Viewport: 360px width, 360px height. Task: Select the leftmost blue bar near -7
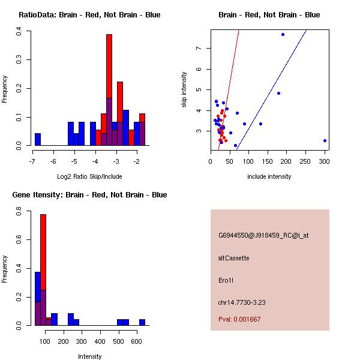click(x=38, y=139)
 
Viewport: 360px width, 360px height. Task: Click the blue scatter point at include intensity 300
click(x=325, y=141)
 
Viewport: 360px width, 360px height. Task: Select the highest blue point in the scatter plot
click(x=283, y=35)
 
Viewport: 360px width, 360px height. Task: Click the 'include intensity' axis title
click(x=269, y=176)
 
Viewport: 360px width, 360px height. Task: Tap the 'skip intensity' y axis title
click(x=184, y=90)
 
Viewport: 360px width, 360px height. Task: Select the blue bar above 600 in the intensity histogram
click(x=142, y=322)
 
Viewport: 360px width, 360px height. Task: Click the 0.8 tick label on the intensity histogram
click(x=20, y=212)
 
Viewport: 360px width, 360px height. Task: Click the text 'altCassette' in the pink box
click(x=233, y=258)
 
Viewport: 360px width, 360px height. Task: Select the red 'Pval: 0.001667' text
click(x=239, y=319)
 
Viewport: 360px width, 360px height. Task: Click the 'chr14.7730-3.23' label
click(x=242, y=302)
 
